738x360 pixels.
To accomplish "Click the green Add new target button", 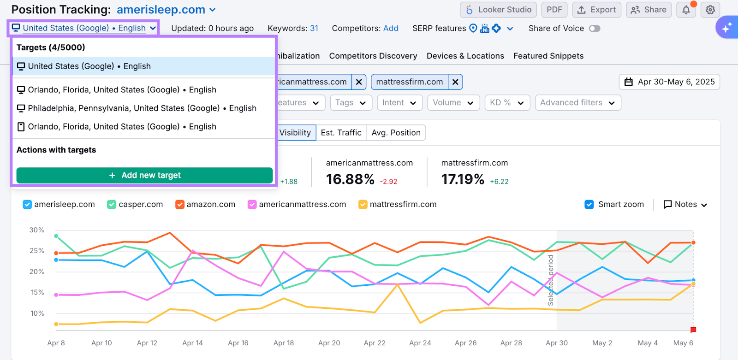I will pos(144,175).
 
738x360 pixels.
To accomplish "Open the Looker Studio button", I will pos(498,10).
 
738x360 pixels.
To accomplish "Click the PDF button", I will pos(554,10).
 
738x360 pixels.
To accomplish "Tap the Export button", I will pos(596,10).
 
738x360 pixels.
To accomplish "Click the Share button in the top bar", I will pos(649,10).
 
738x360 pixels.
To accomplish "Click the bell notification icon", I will pos(686,10).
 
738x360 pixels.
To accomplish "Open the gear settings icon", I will pos(710,10).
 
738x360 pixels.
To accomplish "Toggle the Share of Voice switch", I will pos(595,29).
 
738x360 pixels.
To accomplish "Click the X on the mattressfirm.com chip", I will pos(455,82).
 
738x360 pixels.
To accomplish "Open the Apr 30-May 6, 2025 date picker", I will pos(669,82).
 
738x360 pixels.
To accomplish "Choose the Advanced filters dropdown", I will pos(577,103).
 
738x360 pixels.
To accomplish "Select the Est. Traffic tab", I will pos(341,133).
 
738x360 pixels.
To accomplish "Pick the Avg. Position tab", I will pos(396,133).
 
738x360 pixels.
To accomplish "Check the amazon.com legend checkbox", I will pos(180,205).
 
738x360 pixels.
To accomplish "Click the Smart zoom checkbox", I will pos(589,205).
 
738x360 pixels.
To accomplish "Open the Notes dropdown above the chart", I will pos(685,205).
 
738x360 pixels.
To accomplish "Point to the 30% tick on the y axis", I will pos(37,230).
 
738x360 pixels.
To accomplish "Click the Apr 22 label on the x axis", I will pos(375,343).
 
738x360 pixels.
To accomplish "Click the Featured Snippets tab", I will pos(548,56).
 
